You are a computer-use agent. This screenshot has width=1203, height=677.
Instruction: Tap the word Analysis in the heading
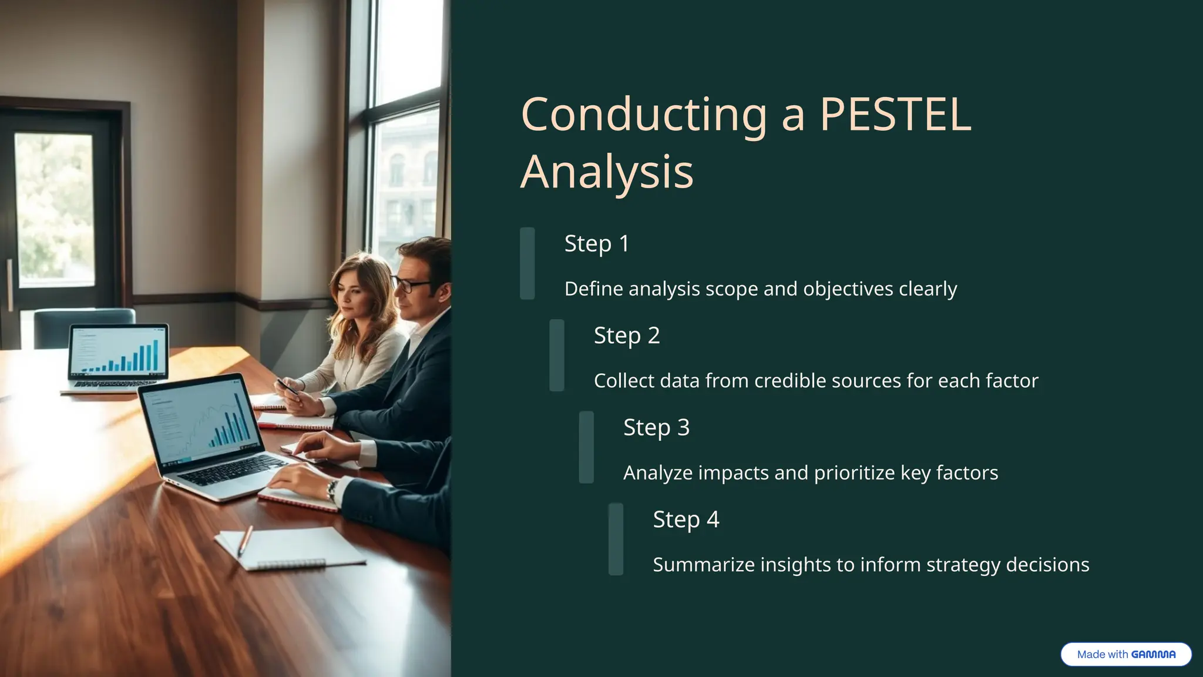(x=607, y=172)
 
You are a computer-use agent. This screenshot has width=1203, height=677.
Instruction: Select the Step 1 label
(x=596, y=243)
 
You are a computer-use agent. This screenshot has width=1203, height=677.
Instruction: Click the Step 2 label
(x=627, y=336)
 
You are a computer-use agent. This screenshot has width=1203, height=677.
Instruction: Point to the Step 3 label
(x=656, y=427)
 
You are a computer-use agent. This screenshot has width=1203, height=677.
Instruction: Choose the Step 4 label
(x=685, y=520)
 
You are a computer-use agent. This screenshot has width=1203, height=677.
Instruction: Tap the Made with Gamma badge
(x=1125, y=654)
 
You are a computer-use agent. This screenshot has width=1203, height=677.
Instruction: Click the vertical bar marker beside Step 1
(x=527, y=263)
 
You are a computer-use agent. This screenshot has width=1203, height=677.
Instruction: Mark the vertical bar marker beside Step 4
(x=616, y=539)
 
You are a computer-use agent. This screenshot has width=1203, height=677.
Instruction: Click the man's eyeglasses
(x=412, y=286)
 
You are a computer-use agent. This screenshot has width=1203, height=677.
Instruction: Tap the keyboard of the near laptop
(x=235, y=471)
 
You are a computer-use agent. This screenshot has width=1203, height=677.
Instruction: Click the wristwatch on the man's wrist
(x=332, y=490)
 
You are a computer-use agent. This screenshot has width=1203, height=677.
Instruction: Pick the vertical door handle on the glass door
(x=10, y=285)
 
